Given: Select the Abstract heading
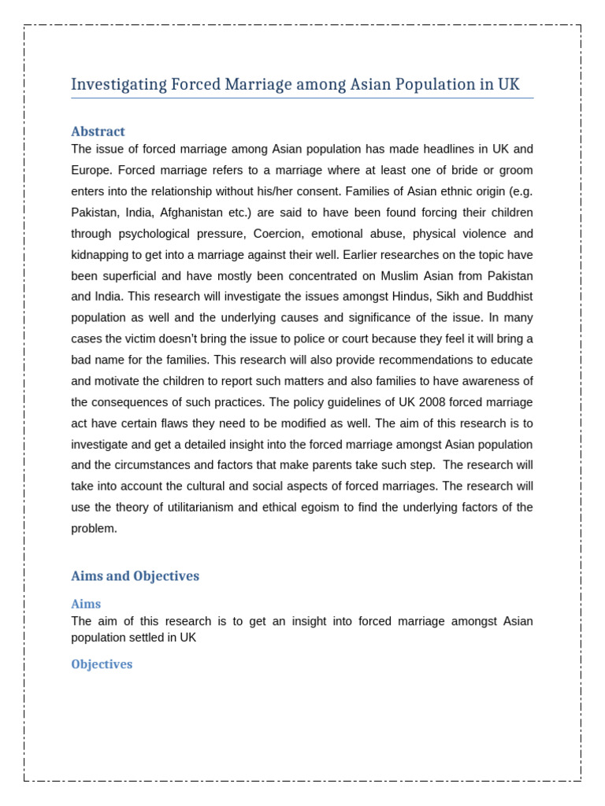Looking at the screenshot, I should click(98, 131).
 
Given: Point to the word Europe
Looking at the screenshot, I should click(91, 170).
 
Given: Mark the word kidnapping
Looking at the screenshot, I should click(103, 255).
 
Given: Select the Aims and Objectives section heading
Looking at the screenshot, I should click(135, 576).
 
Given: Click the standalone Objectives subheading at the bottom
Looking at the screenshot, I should click(102, 664).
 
